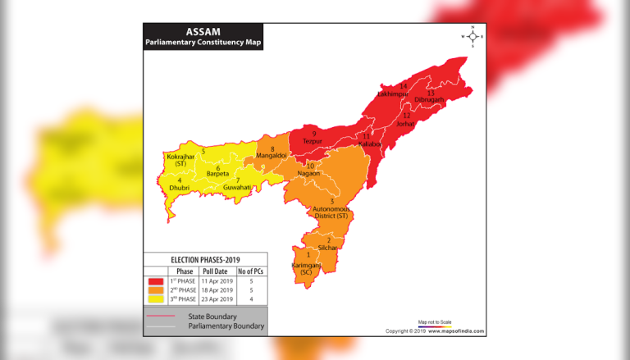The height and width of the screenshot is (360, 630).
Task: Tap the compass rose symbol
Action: click(x=473, y=36)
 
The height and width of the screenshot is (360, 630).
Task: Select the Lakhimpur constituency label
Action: click(x=392, y=94)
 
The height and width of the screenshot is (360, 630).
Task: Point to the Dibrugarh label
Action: click(x=428, y=99)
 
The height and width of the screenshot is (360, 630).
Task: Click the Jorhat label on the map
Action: click(x=405, y=124)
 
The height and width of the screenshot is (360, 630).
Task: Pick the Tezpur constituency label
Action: click(x=312, y=141)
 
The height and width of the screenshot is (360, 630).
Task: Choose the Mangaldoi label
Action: click(x=270, y=155)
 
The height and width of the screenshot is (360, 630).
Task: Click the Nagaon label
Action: click(x=308, y=173)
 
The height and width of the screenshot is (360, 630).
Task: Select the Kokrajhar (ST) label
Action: click(x=181, y=159)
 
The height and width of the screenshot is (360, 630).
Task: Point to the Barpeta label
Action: click(x=217, y=174)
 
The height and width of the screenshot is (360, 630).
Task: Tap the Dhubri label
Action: click(x=179, y=188)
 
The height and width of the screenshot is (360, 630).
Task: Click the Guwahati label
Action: click(x=237, y=187)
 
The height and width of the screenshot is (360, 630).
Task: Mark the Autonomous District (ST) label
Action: click(x=331, y=212)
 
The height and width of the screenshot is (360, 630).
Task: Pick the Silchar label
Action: click(x=327, y=247)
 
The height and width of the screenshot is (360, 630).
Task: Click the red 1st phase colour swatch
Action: click(x=156, y=281)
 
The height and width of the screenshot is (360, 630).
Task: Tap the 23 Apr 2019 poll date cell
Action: click(x=217, y=299)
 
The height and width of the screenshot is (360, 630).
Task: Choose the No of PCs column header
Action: click(x=251, y=271)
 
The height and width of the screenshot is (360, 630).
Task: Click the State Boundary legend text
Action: click(x=212, y=316)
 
